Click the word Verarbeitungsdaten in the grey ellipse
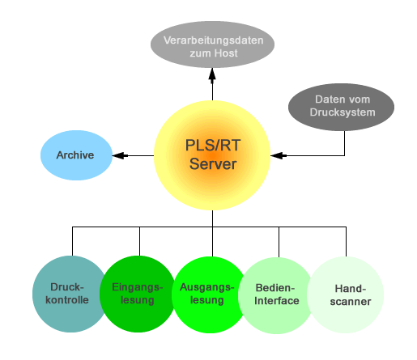click(213, 40)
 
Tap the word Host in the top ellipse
click(226, 53)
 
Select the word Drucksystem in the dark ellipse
click(343, 112)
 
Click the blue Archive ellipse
click(76, 155)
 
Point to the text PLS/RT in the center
click(213, 145)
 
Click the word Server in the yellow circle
click(213, 164)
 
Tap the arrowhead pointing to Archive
click(120, 155)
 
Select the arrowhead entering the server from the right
click(279, 155)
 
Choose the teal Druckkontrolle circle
click(69, 294)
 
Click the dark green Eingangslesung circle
click(138, 294)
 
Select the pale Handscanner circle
click(346, 294)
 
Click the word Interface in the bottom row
click(277, 301)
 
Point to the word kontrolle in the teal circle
click(67, 300)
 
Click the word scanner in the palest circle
click(351, 302)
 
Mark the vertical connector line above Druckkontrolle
click(72, 241)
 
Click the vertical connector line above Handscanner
click(346, 242)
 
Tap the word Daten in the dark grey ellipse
click(327, 100)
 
